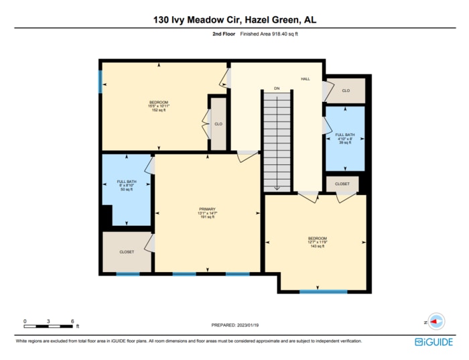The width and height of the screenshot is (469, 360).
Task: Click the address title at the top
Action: tap(234, 20)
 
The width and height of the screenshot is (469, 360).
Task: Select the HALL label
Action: tap(306, 79)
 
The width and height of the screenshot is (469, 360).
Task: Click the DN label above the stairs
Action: tap(276, 88)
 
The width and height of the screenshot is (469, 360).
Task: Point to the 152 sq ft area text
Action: tap(159, 110)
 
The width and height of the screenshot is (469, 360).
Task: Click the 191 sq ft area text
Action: tap(207, 217)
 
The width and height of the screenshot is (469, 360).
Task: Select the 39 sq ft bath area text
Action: tap(345, 143)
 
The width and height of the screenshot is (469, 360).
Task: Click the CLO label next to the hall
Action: tap(346, 91)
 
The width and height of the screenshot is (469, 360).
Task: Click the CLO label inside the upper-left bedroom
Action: tap(218, 124)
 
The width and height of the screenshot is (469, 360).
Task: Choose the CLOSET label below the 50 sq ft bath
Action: tap(127, 251)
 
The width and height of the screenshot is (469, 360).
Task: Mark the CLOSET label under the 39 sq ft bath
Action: tap(342, 183)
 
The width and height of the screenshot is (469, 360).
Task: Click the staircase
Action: tap(277, 141)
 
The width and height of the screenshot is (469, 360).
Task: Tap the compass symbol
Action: tap(436, 322)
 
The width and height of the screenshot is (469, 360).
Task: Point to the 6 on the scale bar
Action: tap(72, 322)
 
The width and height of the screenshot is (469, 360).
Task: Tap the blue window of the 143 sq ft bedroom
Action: tap(323, 292)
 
